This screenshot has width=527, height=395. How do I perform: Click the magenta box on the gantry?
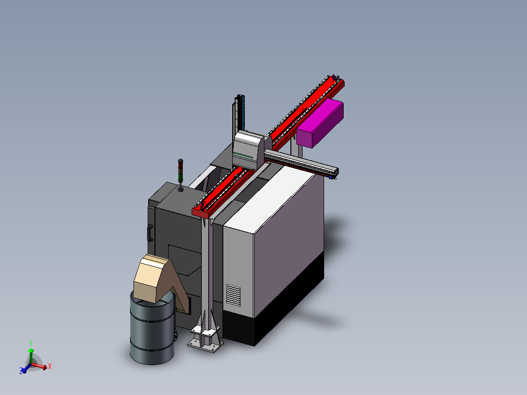click(x=320, y=123)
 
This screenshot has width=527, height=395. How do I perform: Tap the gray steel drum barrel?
click(x=152, y=328)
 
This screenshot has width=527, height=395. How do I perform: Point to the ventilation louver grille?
click(x=233, y=295)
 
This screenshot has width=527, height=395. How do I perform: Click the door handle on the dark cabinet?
click(x=150, y=233)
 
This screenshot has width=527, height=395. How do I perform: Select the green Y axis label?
click(x=31, y=343)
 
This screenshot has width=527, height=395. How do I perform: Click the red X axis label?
click(x=50, y=366)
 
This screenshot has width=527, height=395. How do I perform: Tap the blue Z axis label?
click(x=21, y=371)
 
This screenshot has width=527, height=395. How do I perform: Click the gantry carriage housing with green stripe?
click(x=248, y=150)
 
